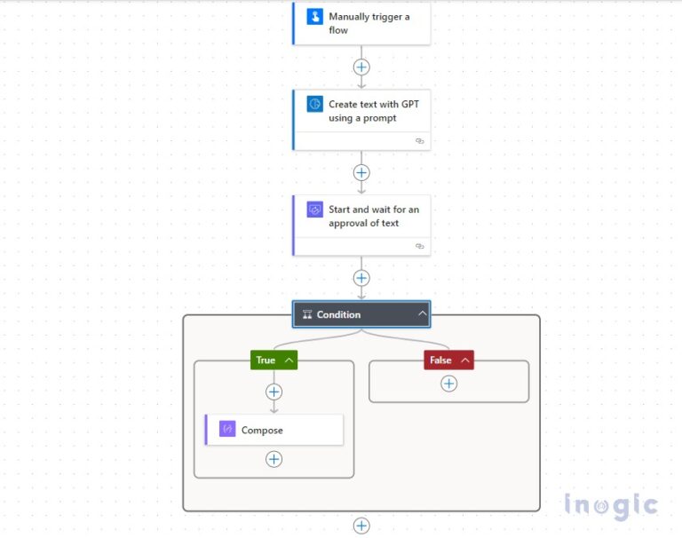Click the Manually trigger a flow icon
point(314,17)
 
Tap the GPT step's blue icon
point(314,105)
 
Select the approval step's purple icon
point(314,210)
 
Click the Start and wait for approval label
point(373,217)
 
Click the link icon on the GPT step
point(420,141)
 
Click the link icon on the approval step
point(420,246)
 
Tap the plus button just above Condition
point(361,278)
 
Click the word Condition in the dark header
point(338,314)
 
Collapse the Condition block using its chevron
point(423,313)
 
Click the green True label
point(266,360)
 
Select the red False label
point(440,360)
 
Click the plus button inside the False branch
point(449,384)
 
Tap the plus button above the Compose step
point(274,392)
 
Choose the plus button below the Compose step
point(274,459)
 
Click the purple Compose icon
point(227,430)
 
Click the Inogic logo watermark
point(611,506)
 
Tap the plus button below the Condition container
point(361,526)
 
